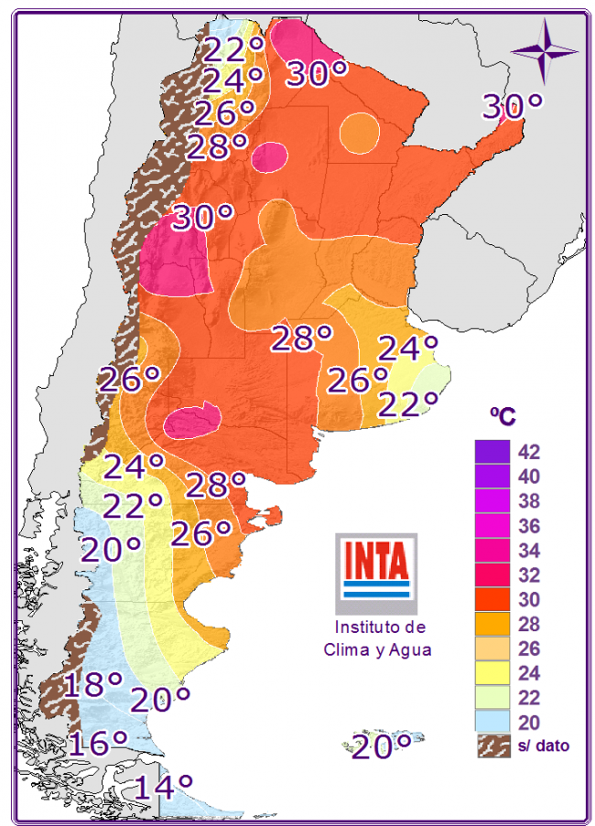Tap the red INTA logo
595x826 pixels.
coord(376,566)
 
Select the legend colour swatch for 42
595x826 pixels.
coord(492,452)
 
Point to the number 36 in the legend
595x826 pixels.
coord(529,526)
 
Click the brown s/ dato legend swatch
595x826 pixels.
coord(492,746)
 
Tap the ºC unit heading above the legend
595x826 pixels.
coord(502,417)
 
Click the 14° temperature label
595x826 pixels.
coord(164,786)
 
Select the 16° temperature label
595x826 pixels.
coord(95,742)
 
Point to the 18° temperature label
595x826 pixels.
coord(92,684)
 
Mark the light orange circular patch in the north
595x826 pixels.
coord(359,133)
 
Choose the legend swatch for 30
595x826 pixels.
coord(492,600)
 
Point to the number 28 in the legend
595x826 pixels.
coord(529,625)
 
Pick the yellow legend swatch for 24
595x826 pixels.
coord(492,674)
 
